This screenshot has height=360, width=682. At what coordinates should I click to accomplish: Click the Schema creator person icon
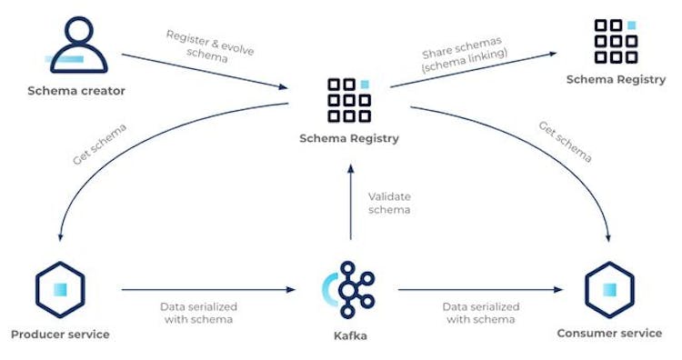(76, 45)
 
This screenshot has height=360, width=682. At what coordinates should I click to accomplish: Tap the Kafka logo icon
(348, 287)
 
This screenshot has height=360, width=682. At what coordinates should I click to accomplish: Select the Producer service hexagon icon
(60, 287)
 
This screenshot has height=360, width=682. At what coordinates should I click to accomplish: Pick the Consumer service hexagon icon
(608, 287)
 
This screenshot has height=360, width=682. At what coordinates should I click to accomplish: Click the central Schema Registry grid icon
(348, 100)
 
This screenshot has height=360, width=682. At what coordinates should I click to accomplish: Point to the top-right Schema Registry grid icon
(616, 42)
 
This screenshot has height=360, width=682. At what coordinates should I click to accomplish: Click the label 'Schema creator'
(76, 91)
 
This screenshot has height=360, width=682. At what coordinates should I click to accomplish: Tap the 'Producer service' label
(60, 334)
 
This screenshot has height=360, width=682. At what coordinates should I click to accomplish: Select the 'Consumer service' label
(609, 334)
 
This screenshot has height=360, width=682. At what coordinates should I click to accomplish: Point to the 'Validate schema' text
(389, 203)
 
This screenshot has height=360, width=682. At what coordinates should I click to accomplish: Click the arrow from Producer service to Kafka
(209, 290)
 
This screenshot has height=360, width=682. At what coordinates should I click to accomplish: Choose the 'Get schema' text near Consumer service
(565, 142)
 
